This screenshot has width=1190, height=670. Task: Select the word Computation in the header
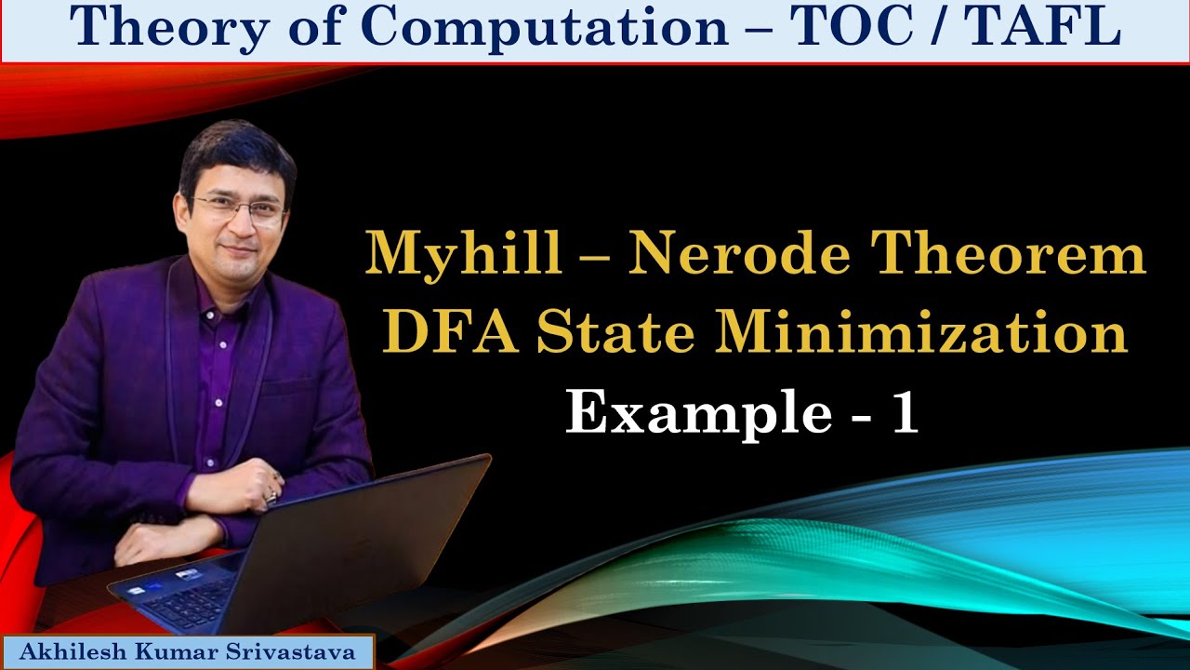coord(544,28)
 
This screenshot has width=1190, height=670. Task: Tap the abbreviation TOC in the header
coord(842,28)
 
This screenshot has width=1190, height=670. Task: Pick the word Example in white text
coord(698,412)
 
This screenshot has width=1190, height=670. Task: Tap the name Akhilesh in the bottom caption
coord(71,652)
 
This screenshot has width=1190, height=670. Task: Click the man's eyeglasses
coord(239,208)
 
